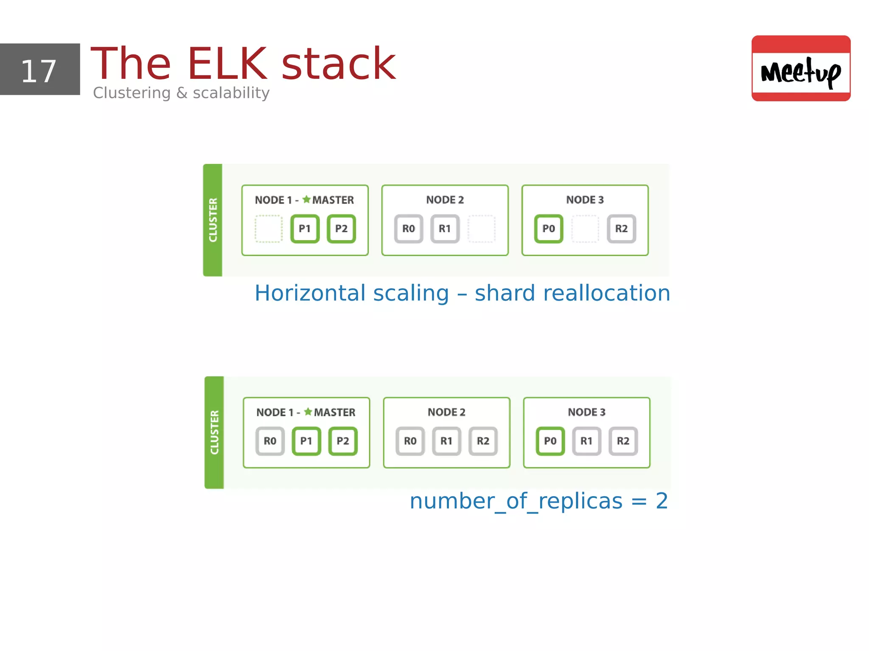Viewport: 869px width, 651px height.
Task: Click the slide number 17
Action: (x=39, y=71)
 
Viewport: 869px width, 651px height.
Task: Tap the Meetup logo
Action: (x=801, y=69)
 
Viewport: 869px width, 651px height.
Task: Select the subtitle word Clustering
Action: (x=132, y=93)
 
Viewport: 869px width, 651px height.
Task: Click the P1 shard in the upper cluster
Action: (x=305, y=229)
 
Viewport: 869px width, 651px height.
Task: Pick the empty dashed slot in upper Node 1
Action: (x=269, y=229)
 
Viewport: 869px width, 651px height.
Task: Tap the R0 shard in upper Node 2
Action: (x=408, y=229)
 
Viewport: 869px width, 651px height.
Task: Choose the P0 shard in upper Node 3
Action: (x=548, y=229)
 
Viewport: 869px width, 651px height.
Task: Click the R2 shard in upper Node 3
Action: (x=621, y=229)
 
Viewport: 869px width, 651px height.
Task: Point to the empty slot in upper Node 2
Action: (x=482, y=229)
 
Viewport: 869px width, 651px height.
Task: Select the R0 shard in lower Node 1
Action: (x=270, y=441)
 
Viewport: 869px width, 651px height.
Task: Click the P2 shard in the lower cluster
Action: (x=343, y=441)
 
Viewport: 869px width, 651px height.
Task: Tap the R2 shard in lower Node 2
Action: (x=483, y=441)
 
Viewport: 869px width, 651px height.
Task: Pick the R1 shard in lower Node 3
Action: (x=586, y=441)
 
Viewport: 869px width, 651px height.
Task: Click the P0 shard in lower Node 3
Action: (x=550, y=441)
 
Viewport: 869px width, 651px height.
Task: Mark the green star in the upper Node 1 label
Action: (x=306, y=199)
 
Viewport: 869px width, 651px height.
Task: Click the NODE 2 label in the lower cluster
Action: (x=446, y=412)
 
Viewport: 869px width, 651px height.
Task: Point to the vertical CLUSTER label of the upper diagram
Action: (x=213, y=220)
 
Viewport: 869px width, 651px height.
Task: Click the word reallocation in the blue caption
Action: (x=606, y=293)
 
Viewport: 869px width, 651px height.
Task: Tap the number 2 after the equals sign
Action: (x=662, y=501)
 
